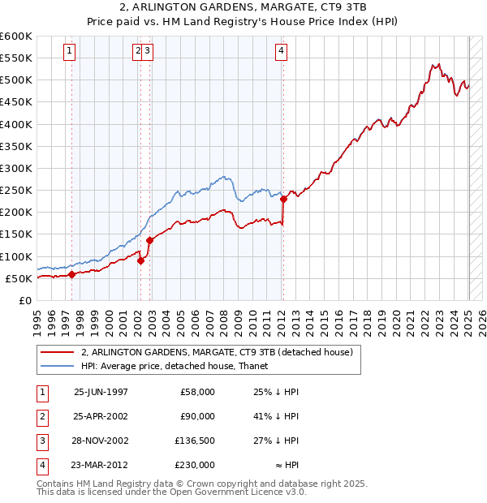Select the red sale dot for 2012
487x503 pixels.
coord(283,199)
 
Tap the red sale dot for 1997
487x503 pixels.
coord(71,274)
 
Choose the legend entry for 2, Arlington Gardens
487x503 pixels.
coord(217,353)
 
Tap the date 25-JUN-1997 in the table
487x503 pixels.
coord(101,392)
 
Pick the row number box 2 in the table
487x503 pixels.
coord(41,416)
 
